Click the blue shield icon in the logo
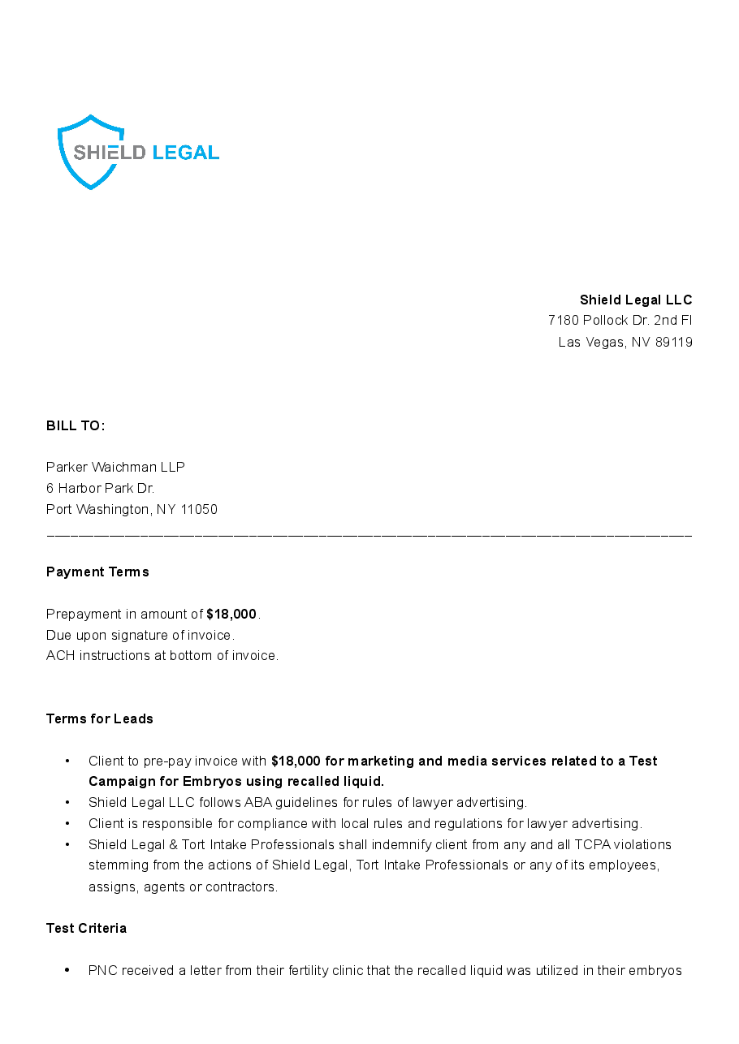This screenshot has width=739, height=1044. tap(90, 152)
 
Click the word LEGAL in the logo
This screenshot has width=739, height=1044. tap(185, 153)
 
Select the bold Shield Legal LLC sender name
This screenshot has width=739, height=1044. tap(636, 300)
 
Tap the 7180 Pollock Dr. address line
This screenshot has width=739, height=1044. tap(620, 321)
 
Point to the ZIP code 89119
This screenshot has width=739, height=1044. tap(673, 342)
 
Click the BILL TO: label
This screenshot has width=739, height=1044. tap(76, 426)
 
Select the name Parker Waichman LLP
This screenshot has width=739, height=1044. tap(115, 467)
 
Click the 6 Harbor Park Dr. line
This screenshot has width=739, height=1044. tap(100, 488)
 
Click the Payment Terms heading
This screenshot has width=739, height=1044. tap(97, 572)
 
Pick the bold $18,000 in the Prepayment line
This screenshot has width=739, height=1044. tap(231, 614)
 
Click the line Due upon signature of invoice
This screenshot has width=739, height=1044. tap(140, 635)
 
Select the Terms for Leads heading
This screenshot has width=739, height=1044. tap(100, 719)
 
